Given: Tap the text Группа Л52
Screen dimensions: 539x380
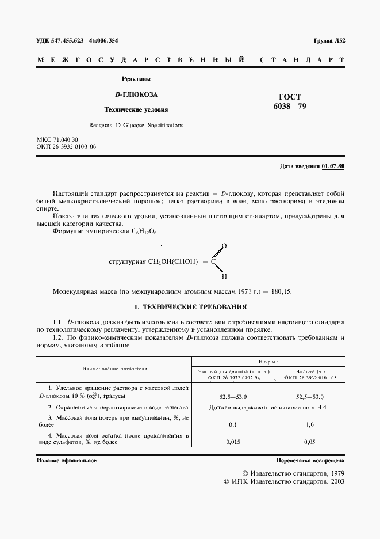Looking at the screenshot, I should point(329,41).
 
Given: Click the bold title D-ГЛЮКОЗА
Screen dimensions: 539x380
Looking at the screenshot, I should point(136,94).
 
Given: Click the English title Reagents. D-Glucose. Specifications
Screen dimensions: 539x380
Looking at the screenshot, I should point(136,124).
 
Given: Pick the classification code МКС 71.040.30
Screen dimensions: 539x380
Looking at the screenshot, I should point(57,140).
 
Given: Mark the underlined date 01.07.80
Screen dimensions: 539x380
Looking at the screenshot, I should point(333,166).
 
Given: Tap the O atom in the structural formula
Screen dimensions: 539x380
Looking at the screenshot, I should point(224,246).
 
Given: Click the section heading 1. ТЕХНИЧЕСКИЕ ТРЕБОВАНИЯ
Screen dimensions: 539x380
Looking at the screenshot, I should point(190,308).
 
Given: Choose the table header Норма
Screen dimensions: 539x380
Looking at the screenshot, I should point(268,361).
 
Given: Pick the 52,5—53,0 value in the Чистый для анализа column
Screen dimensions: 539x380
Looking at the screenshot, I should point(233,397).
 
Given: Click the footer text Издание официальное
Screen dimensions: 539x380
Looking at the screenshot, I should point(66,461).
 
